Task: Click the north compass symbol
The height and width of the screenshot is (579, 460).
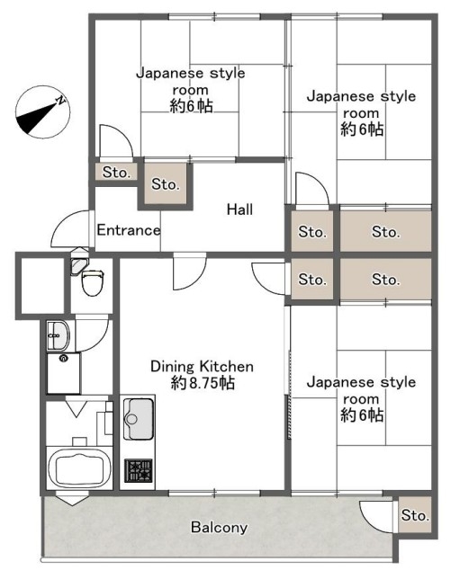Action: [43, 112]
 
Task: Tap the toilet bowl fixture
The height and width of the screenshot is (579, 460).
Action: [92, 282]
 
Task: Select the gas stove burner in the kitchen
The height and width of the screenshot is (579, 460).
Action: [139, 470]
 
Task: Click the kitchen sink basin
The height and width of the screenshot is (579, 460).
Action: [139, 419]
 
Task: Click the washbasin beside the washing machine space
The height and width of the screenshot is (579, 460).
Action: [58, 335]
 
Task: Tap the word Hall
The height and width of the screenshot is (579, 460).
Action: [240, 209]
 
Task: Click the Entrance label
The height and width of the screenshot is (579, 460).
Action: [129, 230]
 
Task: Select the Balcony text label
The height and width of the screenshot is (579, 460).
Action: [219, 527]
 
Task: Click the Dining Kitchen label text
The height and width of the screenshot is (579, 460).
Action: [202, 366]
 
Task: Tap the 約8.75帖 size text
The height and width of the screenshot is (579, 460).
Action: [203, 383]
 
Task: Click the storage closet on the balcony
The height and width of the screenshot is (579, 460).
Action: [415, 514]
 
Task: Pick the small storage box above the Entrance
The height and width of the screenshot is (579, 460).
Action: [116, 172]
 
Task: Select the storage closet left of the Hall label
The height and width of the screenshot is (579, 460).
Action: [166, 184]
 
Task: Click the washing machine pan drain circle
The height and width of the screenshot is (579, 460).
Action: [64, 358]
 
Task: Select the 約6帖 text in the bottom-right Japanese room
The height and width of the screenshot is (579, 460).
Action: [362, 415]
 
